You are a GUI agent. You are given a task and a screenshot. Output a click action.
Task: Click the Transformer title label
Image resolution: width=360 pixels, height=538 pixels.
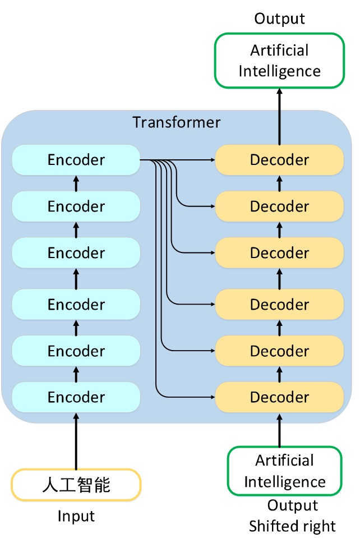[176, 122]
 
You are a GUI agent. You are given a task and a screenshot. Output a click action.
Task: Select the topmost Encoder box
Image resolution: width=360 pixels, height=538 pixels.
[76, 160]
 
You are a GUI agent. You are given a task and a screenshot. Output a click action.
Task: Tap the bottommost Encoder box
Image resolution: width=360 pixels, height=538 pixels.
[76, 397]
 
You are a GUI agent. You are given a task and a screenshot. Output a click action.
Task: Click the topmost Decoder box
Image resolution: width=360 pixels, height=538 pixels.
[279, 160]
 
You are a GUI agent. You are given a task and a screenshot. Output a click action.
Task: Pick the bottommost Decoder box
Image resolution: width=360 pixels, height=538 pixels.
[279, 397]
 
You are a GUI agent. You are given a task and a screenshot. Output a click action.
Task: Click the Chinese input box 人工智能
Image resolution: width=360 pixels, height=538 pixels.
[76, 485]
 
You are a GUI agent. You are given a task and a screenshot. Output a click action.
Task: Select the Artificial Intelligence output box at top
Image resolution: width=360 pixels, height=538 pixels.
[279, 61]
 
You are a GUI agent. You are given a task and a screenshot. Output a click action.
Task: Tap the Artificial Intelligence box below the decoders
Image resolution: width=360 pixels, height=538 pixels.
[284, 471]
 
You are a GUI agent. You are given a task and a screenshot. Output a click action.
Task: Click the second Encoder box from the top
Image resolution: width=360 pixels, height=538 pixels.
[76, 206]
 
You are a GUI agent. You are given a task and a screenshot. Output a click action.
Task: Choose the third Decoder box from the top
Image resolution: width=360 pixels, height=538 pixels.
[279, 253]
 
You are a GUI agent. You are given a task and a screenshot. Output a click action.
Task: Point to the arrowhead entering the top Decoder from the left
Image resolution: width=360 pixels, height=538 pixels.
[213, 160]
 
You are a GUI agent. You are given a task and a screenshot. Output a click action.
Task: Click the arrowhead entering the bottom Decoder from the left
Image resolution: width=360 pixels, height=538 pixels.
[213, 397]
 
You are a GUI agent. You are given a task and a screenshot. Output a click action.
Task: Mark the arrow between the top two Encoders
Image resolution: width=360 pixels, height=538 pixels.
[76, 183]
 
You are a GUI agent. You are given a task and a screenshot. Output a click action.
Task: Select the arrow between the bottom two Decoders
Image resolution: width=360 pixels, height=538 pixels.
[280, 374]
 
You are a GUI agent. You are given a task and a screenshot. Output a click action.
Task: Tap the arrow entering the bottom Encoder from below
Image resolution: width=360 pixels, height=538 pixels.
[76, 419]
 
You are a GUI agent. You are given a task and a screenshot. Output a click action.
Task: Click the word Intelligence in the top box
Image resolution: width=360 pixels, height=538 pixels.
[279, 71]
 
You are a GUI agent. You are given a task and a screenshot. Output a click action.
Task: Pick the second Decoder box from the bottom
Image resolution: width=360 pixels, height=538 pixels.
[279, 351]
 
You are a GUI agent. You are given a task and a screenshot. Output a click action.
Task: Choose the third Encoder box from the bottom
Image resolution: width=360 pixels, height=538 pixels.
[76, 305]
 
